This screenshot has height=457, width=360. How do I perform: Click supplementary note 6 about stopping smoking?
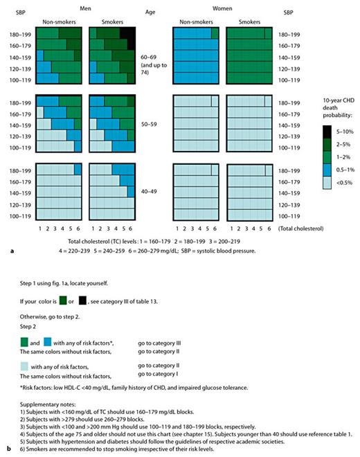pos(104,444)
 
